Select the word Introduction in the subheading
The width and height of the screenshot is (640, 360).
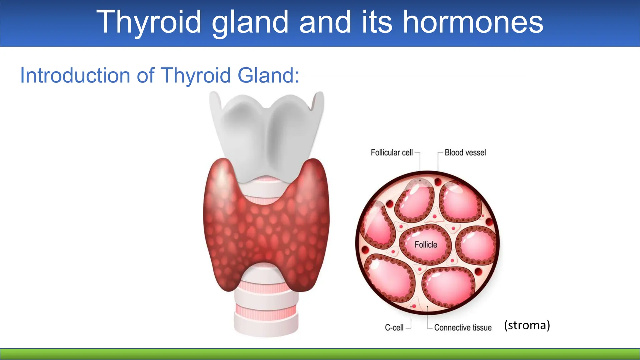75,76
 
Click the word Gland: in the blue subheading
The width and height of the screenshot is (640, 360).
268,76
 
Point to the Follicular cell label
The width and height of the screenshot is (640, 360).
392,152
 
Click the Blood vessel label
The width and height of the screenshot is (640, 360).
465,152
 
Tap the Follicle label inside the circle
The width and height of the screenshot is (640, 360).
426,245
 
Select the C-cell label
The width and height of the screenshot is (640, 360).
394,327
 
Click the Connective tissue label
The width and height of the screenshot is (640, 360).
462,327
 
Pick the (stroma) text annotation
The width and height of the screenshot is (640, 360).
527,325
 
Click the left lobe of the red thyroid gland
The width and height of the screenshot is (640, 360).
225,225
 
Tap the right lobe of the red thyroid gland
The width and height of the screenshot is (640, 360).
308,225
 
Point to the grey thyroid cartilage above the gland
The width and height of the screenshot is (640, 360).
266,134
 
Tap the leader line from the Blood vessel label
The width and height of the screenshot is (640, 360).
438,162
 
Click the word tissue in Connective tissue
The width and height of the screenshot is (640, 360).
482,327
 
